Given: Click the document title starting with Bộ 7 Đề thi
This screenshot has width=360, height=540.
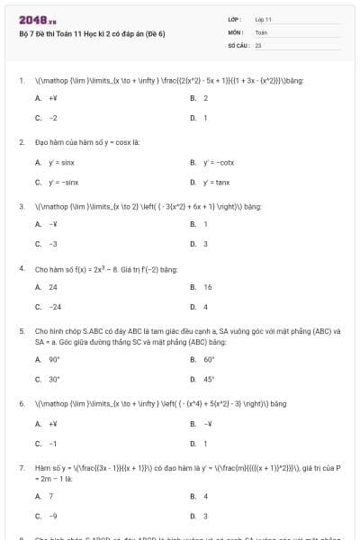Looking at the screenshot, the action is (92, 33).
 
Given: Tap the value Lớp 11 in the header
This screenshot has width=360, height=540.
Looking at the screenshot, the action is (264, 19).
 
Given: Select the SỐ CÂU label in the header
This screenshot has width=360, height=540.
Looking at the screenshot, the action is (238, 43).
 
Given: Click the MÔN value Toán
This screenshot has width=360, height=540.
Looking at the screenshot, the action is (261, 31).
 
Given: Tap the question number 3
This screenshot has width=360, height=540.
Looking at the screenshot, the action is (21, 206).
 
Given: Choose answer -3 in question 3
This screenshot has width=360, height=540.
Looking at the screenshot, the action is (53, 244).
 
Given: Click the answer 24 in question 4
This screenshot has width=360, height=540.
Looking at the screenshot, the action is (53, 287).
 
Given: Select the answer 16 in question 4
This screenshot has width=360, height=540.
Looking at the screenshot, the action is (208, 287).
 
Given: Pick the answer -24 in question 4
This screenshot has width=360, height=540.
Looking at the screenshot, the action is (55, 307).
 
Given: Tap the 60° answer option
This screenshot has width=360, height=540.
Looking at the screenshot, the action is (209, 359).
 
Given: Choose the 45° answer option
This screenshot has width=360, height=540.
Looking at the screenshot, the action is (209, 379).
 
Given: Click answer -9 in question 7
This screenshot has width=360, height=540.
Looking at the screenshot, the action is (53, 516).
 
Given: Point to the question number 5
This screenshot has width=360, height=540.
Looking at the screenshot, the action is (21, 330).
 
